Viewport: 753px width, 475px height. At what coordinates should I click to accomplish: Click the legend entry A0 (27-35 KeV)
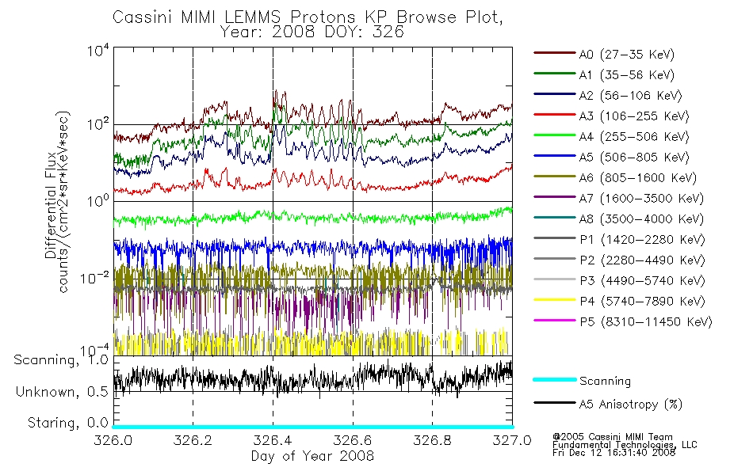pyautogui.click(x=626, y=54)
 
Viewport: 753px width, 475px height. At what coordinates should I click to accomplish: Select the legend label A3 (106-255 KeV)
pyautogui.click(x=633, y=116)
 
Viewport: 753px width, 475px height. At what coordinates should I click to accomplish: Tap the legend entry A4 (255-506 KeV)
pyautogui.click(x=633, y=137)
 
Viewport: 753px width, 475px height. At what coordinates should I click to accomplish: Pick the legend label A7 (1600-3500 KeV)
pyautogui.click(x=640, y=198)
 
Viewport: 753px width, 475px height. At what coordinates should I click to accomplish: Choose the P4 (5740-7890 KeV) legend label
pyautogui.click(x=642, y=302)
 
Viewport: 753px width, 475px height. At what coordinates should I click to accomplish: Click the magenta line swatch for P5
pyautogui.click(x=554, y=320)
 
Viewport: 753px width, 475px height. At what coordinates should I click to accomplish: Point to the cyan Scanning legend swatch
pyautogui.click(x=554, y=379)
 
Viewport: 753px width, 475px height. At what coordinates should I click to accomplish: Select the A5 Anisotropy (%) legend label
pyautogui.click(x=630, y=405)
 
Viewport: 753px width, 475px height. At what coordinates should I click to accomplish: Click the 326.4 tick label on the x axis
pyautogui.click(x=273, y=440)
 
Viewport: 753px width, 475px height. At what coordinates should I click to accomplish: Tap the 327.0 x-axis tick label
pyautogui.click(x=512, y=440)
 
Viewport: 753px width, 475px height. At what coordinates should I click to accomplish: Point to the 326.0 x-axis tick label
pyautogui.click(x=113, y=440)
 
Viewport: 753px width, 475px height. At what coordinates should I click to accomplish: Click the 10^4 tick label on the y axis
pyautogui.click(x=98, y=50)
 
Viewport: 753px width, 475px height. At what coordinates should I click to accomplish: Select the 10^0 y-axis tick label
pyautogui.click(x=98, y=200)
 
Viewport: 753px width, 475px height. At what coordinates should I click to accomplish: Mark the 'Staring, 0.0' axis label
pyautogui.click(x=67, y=423)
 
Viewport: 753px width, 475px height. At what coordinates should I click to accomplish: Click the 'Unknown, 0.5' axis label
pyautogui.click(x=62, y=392)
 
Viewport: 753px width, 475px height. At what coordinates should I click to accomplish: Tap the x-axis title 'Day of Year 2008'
pyautogui.click(x=312, y=456)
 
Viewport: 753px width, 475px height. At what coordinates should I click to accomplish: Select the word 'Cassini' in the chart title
pyautogui.click(x=143, y=17)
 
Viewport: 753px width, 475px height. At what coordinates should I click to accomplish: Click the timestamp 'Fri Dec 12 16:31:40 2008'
pyautogui.click(x=613, y=453)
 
